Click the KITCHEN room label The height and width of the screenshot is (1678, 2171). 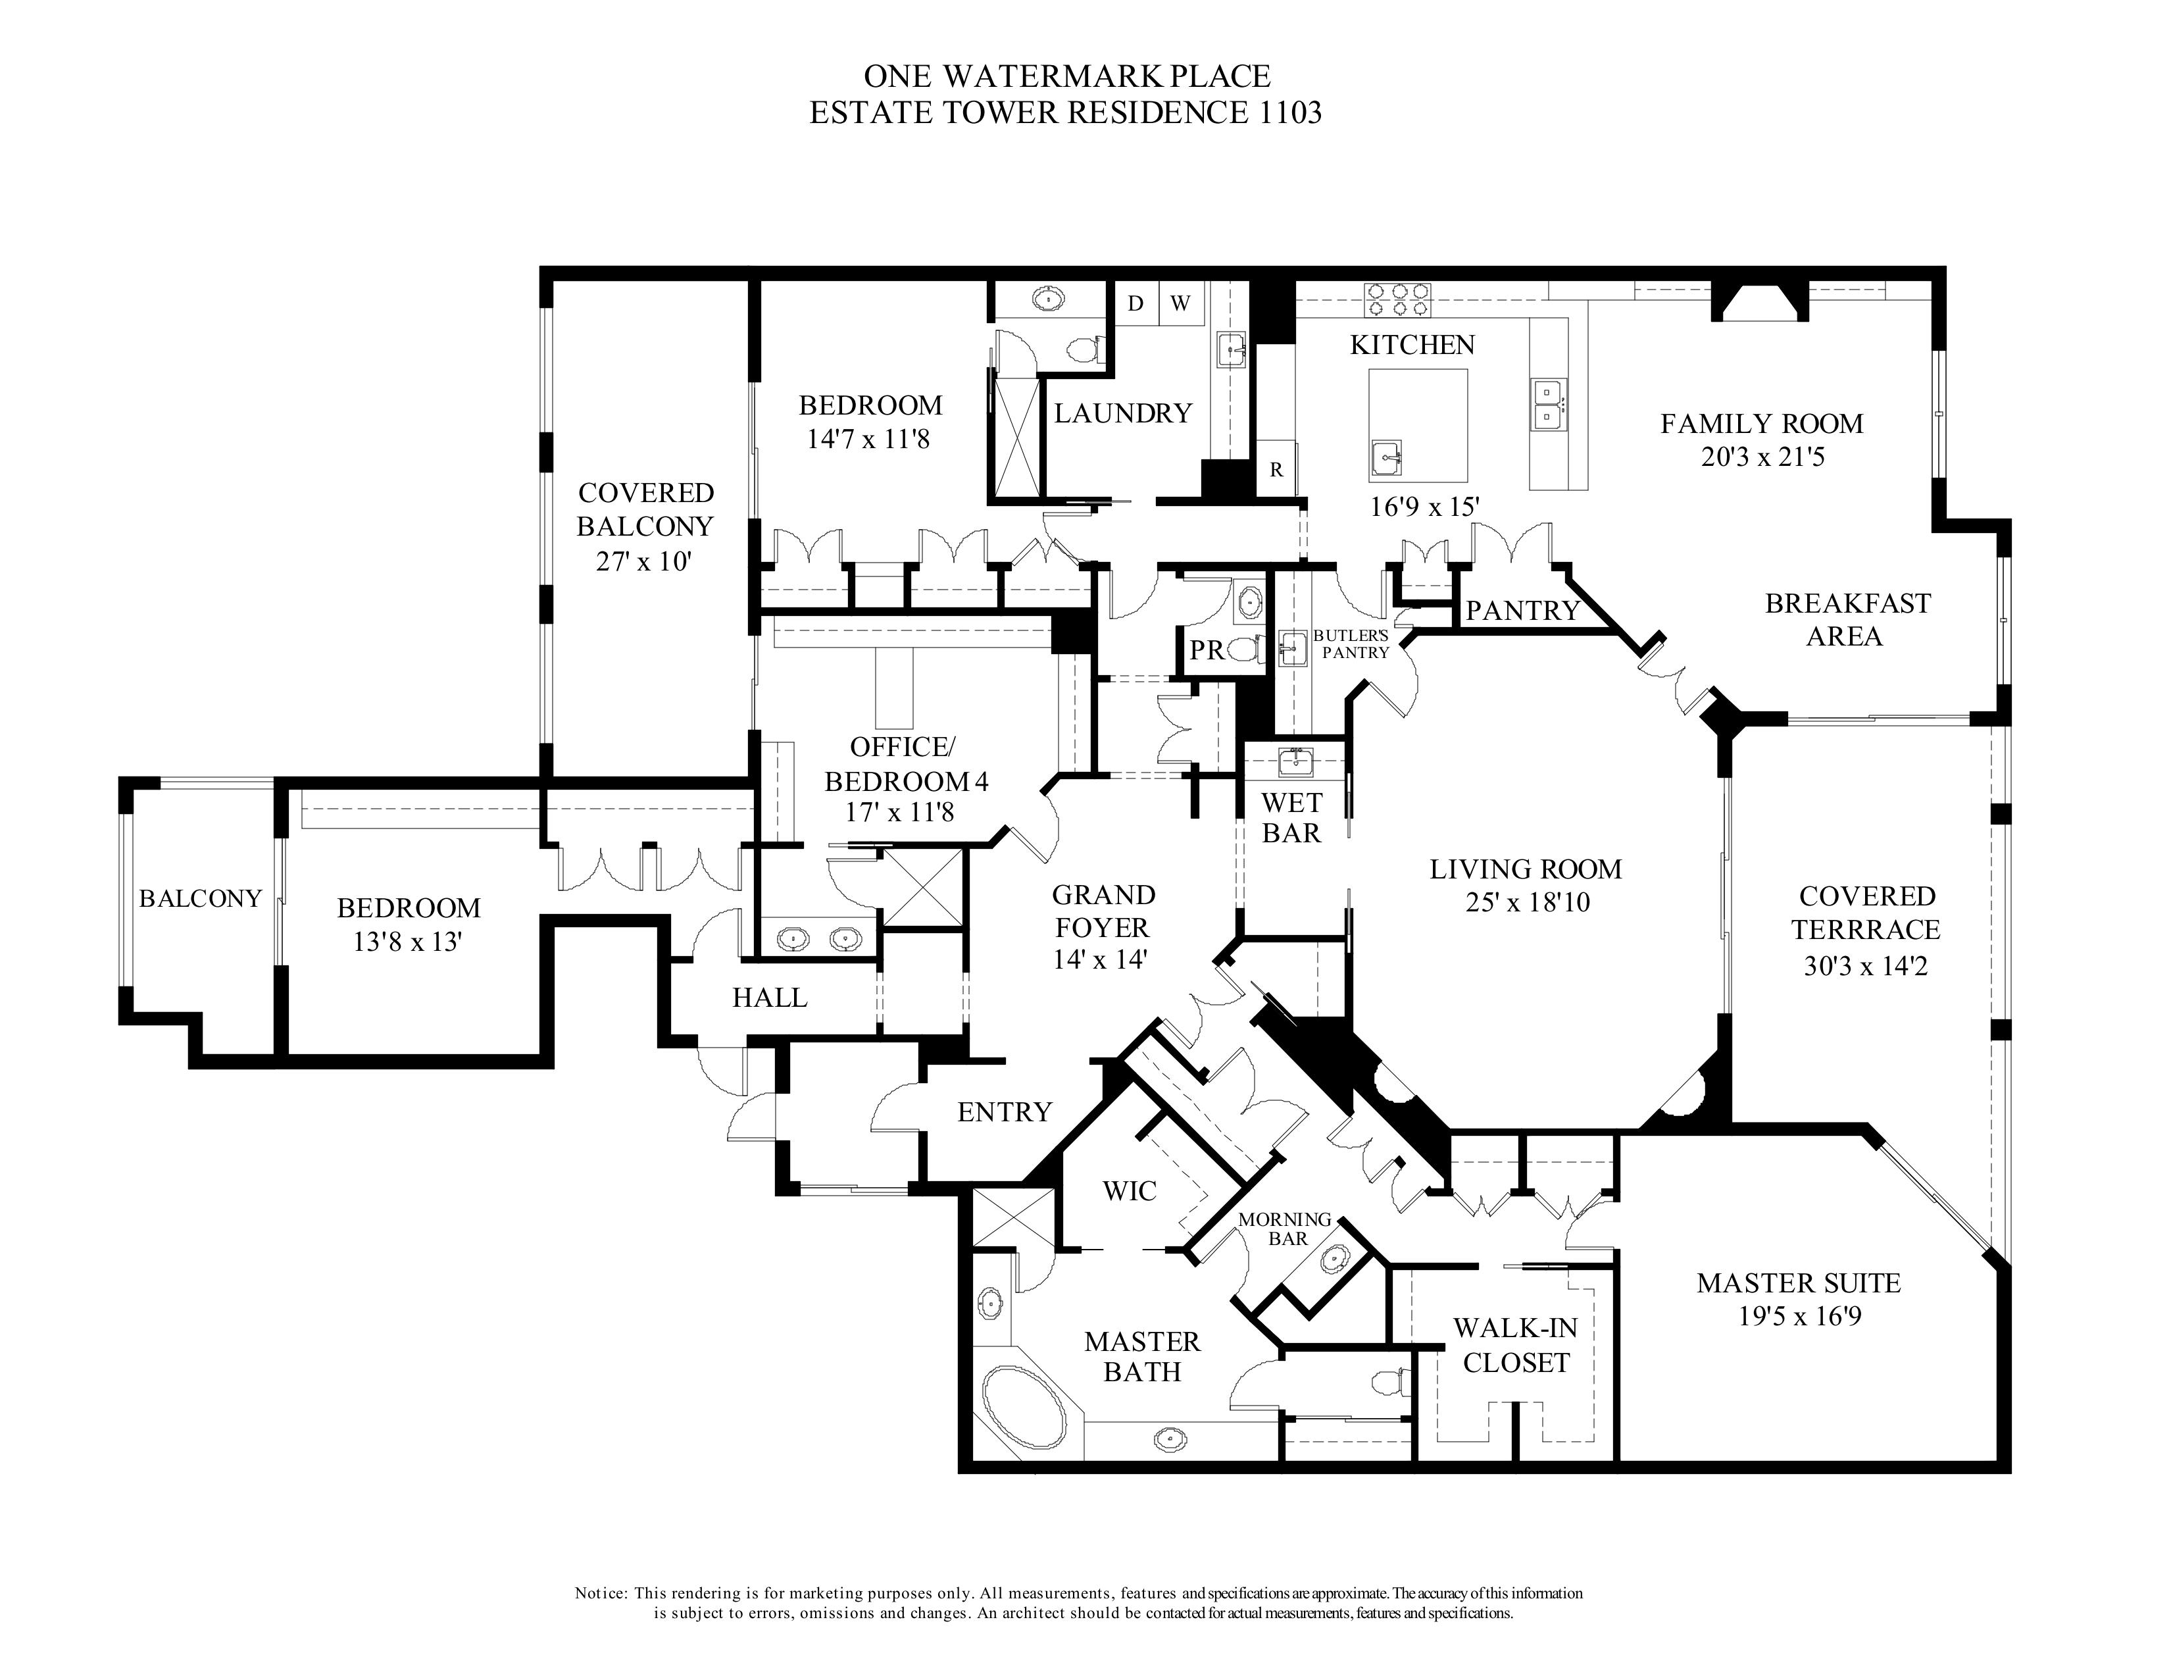click(x=1412, y=345)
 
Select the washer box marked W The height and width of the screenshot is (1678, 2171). click(x=1180, y=303)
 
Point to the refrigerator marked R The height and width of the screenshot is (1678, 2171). click(x=1276, y=469)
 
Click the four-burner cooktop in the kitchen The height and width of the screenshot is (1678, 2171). click(x=1399, y=299)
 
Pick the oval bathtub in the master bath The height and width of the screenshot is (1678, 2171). click(x=1023, y=1407)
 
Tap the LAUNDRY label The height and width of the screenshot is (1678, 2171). click(x=1123, y=413)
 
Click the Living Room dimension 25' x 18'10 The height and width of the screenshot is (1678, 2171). click(x=1527, y=903)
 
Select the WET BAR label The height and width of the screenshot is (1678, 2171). click(x=1291, y=817)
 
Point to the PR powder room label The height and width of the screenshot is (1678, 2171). click(x=1207, y=650)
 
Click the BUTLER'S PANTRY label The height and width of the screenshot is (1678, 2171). click(x=1350, y=643)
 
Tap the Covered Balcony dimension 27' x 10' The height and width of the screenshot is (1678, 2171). click(x=643, y=562)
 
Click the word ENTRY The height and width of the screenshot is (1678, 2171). click(x=1004, y=1111)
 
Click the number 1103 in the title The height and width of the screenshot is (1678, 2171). click(x=1285, y=113)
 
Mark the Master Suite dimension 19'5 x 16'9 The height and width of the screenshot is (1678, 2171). click(x=1799, y=1316)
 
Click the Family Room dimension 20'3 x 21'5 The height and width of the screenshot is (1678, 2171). click(x=1762, y=457)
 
